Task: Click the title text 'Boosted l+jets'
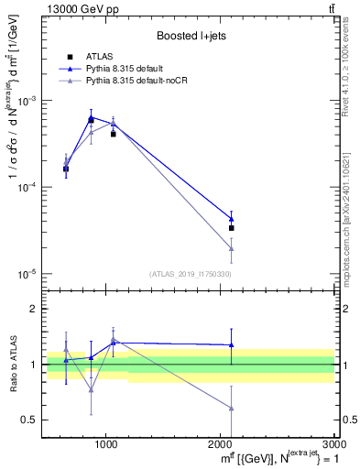point(191,36)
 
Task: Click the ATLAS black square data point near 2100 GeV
point(231,228)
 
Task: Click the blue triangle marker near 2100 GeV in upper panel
point(231,219)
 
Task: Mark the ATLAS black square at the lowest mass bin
point(66,169)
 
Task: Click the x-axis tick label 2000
point(221,444)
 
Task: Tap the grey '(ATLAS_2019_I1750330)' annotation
point(191,274)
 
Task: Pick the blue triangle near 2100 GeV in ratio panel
point(231,345)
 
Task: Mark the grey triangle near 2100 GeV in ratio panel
point(231,409)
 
